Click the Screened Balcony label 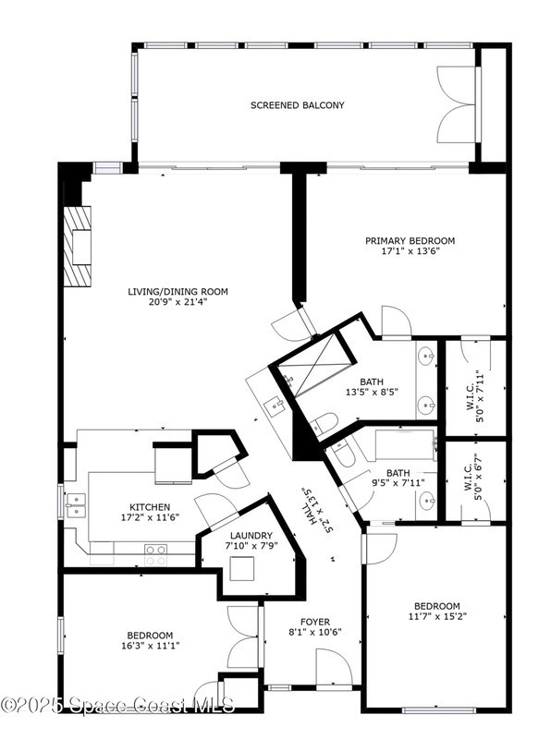pos(297,105)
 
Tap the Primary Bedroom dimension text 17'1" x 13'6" pos(410,251)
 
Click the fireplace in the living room pos(78,246)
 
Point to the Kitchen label pos(150,507)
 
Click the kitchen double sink pos(76,505)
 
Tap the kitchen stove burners pos(155,555)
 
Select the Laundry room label pos(251,536)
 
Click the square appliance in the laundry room pos(242,568)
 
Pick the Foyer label pos(315,622)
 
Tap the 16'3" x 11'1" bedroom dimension pos(150,646)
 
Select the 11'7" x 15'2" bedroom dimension pos(437,616)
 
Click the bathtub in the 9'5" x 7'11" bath pos(405,445)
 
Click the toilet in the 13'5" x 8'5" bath pos(324,424)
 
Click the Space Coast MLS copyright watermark pos(117,705)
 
